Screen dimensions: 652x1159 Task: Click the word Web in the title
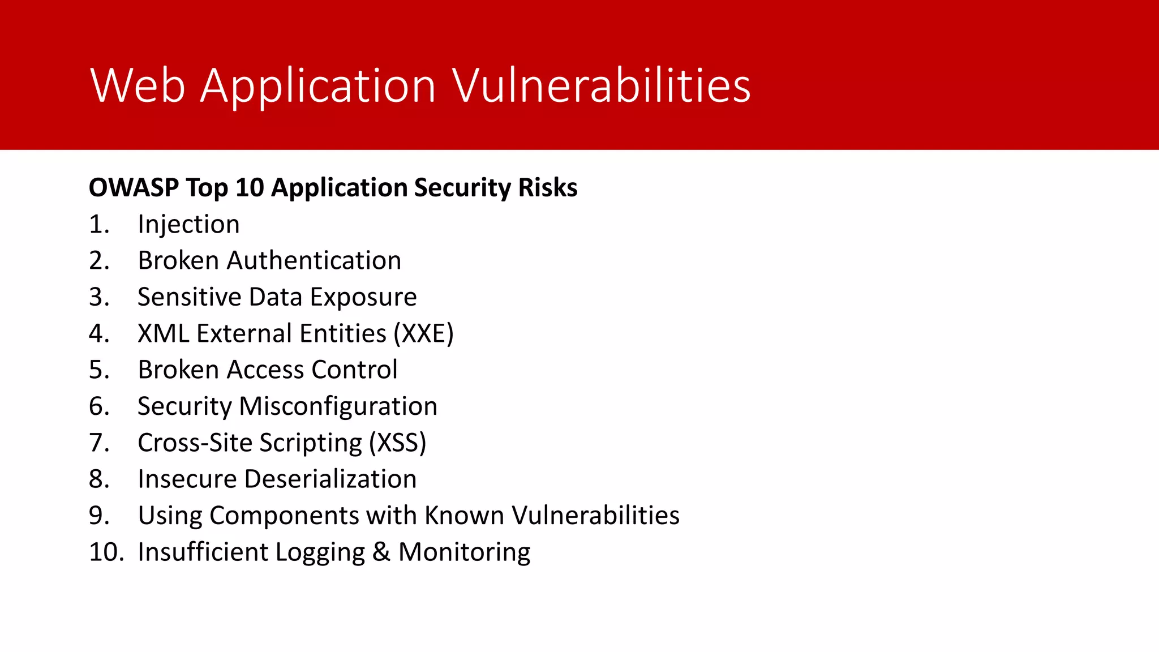pyautogui.click(x=138, y=86)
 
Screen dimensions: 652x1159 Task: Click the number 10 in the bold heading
pyautogui.click(x=250, y=187)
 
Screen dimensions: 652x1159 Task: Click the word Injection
pyautogui.click(x=188, y=225)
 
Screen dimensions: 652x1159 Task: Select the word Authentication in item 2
pyautogui.click(x=314, y=261)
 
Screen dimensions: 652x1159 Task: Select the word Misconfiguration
pyautogui.click(x=338, y=406)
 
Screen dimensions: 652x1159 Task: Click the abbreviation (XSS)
pyautogui.click(x=397, y=443)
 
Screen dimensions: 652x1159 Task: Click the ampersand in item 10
pyautogui.click(x=381, y=552)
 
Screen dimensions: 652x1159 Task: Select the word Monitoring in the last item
pyautogui.click(x=464, y=552)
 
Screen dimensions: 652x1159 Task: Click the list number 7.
pyautogui.click(x=98, y=443)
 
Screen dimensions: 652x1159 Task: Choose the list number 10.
pyautogui.click(x=105, y=552)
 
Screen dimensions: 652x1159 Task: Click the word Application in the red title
pyautogui.click(x=318, y=86)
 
